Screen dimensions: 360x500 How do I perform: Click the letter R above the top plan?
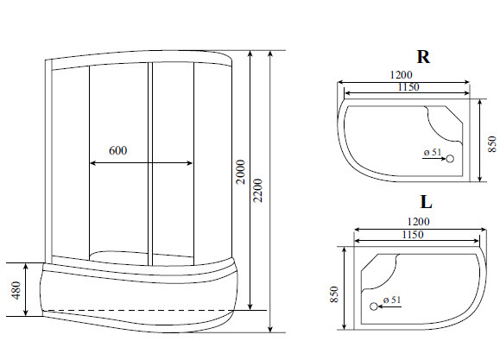(x=423, y=58)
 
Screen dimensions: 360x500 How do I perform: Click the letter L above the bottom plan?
(x=426, y=203)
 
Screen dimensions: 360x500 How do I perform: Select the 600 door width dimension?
(x=118, y=150)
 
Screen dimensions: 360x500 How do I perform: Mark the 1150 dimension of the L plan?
(x=415, y=234)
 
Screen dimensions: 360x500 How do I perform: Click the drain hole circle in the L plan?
(x=374, y=306)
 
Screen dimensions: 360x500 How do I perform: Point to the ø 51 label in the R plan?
(x=433, y=153)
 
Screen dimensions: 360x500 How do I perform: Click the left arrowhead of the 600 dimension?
(x=92, y=161)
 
